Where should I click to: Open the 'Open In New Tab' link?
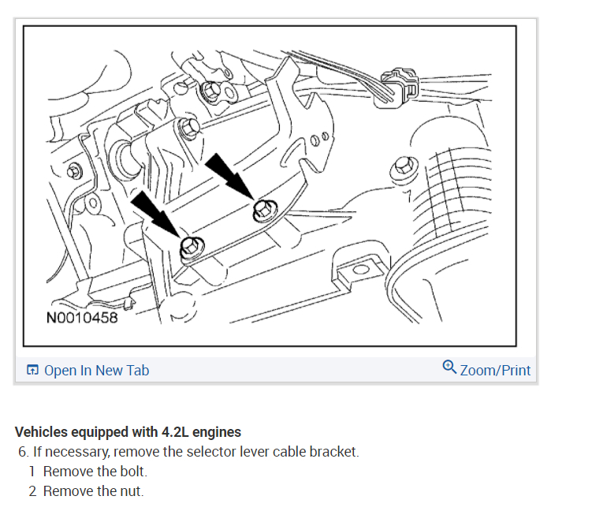(x=96, y=371)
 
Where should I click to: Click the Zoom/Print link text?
(x=495, y=371)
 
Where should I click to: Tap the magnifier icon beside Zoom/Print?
(x=449, y=367)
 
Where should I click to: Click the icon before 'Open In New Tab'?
(x=32, y=371)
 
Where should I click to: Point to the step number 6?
(x=23, y=453)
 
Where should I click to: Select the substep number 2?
(x=33, y=491)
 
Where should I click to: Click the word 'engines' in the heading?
(x=218, y=432)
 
